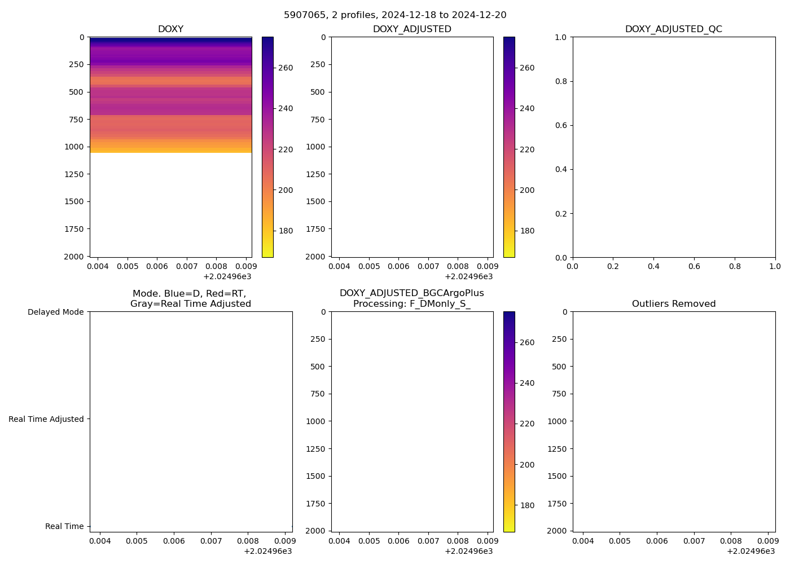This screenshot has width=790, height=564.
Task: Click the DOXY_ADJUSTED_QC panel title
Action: pyautogui.click(x=673, y=29)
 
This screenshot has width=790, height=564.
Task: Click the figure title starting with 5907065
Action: pyautogui.click(x=395, y=15)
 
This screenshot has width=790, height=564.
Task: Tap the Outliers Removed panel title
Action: pyautogui.click(x=673, y=304)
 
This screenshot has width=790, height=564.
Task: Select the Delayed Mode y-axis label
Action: pyautogui.click(x=55, y=312)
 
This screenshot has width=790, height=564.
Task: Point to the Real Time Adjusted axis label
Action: pyautogui.click(x=46, y=419)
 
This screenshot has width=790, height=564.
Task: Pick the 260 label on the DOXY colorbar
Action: pyautogui.click(x=286, y=68)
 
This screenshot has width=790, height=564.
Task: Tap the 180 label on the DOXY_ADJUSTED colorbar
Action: pyautogui.click(x=527, y=231)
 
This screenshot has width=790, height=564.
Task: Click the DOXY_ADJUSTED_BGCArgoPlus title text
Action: pyautogui.click(x=411, y=293)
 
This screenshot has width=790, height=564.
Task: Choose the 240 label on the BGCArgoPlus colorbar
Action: pyautogui.click(x=527, y=383)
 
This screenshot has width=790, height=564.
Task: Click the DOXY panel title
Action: pyautogui.click(x=170, y=29)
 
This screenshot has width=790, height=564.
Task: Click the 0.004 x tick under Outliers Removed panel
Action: pyautogui.click(x=583, y=541)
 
